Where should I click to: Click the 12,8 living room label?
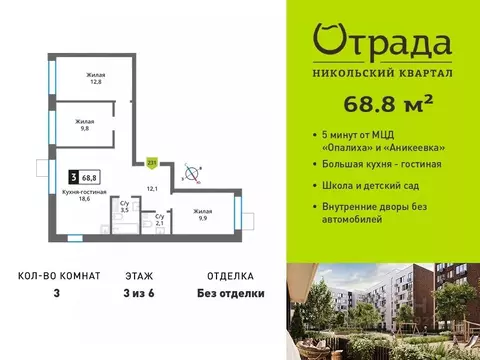point(94,79)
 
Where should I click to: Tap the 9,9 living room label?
point(202,215)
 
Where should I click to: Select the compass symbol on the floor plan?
point(191,174)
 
